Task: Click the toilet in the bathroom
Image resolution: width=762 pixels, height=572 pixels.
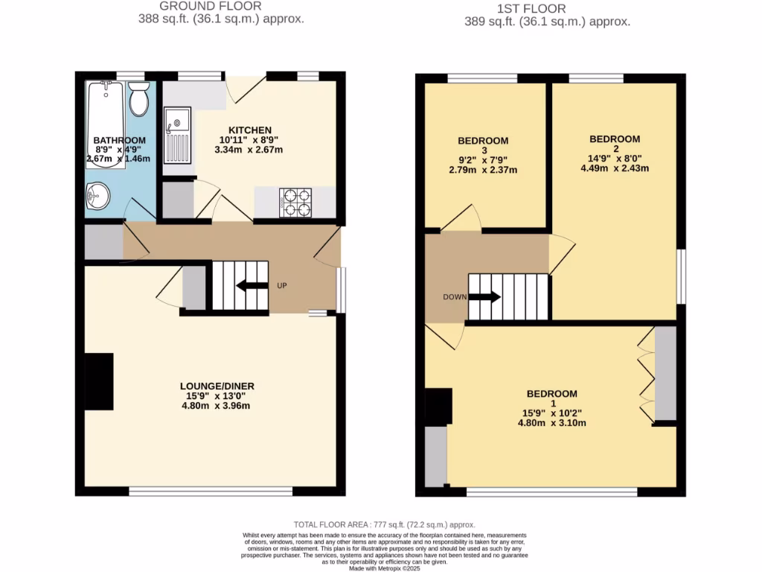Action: [138, 98]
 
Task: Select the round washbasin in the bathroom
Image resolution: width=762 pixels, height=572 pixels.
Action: [97, 196]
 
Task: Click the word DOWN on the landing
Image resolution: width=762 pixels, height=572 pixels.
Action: [454, 296]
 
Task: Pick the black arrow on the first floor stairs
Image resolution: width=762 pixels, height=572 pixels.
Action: [484, 296]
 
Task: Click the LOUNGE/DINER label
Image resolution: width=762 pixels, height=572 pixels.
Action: [217, 386]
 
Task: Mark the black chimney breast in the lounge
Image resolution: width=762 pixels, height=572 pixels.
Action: [98, 381]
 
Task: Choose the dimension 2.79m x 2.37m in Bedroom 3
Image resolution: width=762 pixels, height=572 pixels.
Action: [482, 171]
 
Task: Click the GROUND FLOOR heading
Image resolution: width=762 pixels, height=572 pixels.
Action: [221, 7]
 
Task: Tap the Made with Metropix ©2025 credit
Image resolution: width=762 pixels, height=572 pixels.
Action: [385, 568]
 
